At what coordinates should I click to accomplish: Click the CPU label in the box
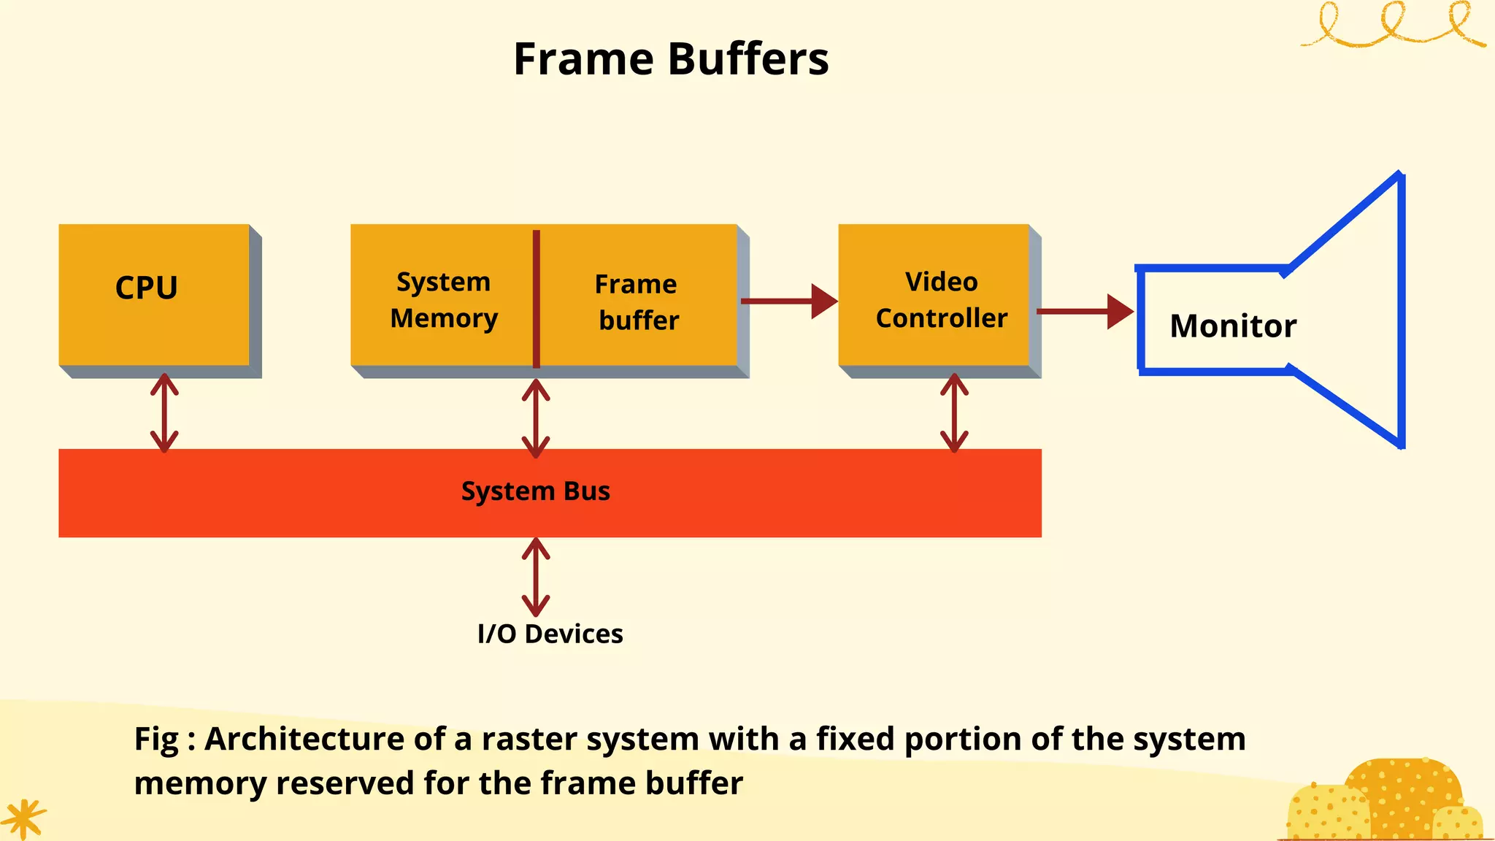point(146,288)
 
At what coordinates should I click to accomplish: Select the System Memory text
point(443,300)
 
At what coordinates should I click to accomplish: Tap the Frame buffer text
point(637,302)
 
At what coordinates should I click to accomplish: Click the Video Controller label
point(941,300)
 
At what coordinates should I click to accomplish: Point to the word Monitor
point(1233,326)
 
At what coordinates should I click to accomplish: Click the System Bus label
point(535,491)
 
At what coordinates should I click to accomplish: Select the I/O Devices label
point(550,634)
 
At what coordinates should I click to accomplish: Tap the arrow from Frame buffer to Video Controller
point(788,301)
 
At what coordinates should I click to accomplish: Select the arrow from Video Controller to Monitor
point(1085,312)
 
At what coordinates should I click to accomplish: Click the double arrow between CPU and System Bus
point(164,413)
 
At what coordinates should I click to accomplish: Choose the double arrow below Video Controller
point(954,413)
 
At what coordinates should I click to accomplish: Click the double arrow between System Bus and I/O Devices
point(536,577)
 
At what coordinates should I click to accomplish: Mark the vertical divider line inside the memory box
point(537,299)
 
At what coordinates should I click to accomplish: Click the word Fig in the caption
point(156,740)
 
